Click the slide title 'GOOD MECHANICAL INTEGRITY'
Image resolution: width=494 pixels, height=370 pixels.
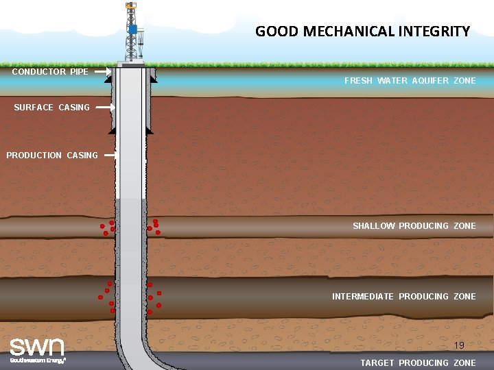(x=362, y=32)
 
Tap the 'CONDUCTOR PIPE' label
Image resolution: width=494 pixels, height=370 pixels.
(x=50, y=71)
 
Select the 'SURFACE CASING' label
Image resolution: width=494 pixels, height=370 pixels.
(x=51, y=107)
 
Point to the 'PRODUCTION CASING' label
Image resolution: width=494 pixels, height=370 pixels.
(x=52, y=156)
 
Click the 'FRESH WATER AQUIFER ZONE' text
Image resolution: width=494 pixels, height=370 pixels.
(x=410, y=81)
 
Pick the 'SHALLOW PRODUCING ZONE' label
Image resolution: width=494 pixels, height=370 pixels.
(x=414, y=226)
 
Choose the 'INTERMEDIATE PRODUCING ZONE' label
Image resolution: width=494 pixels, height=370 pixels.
(x=403, y=297)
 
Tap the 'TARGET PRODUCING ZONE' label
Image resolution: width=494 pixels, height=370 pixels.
(x=418, y=363)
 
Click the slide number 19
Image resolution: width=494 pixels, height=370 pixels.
(x=459, y=345)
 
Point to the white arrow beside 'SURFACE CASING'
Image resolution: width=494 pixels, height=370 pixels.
(x=104, y=107)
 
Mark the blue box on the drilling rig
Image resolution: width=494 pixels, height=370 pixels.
(x=132, y=29)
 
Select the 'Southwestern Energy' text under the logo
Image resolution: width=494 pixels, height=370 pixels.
(x=38, y=360)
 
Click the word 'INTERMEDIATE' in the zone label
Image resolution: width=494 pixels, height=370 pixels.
(x=363, y=297)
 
